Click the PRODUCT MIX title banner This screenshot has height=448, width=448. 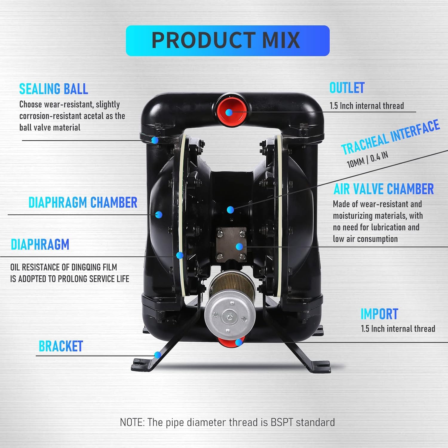(228, 41)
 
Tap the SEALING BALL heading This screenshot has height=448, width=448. (53, 89)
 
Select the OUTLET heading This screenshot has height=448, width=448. (347, 88)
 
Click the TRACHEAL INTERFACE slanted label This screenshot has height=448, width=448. (390, 137)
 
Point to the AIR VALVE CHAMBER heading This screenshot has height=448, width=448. (383, 189)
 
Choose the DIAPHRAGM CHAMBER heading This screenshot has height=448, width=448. (83, 202)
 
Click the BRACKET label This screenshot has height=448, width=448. (61, 346)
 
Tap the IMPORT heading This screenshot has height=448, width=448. (379, 314)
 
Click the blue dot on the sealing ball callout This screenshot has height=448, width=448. (155, 140)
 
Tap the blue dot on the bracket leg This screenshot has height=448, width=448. (157, 355)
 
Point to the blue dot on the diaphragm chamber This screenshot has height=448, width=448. (159, 214)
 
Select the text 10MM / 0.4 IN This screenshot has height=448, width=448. (367, 159)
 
